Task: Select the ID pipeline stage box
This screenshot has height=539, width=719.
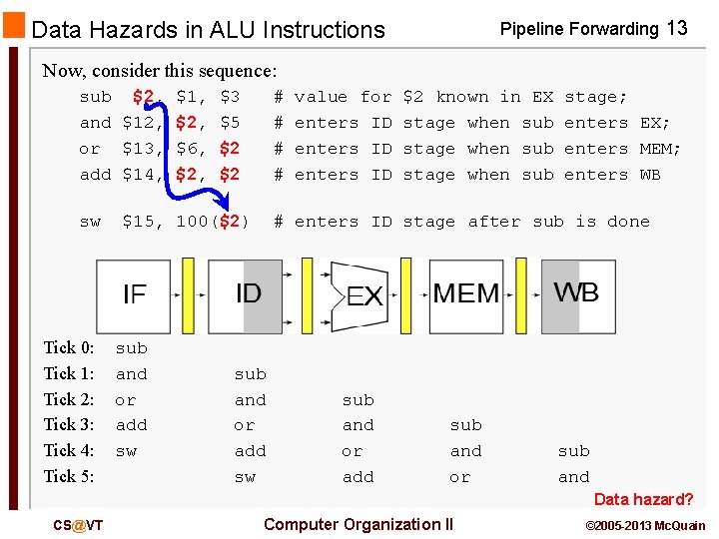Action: coord(246,295)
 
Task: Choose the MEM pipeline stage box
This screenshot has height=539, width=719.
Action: coord(466,295)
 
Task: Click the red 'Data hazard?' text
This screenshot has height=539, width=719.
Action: coord(643,499)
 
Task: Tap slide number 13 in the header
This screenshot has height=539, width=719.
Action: coord(676,28)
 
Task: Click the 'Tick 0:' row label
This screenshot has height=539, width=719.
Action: coord(69,347)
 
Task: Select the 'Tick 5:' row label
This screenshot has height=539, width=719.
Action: coord(69,476)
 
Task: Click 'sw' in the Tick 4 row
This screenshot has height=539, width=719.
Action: coord(126,451)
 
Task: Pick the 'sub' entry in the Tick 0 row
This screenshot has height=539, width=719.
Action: coord(131,348)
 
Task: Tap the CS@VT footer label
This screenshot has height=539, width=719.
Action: coord(79,525)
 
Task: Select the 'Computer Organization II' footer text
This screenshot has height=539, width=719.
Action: coord(358,524)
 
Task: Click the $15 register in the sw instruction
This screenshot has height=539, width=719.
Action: coord(142,222)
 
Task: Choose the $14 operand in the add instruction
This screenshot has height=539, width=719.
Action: coord(142,175)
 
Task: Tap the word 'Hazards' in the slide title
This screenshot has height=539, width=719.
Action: coord(164,30)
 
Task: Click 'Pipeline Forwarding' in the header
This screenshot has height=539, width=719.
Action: coord(579,29)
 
